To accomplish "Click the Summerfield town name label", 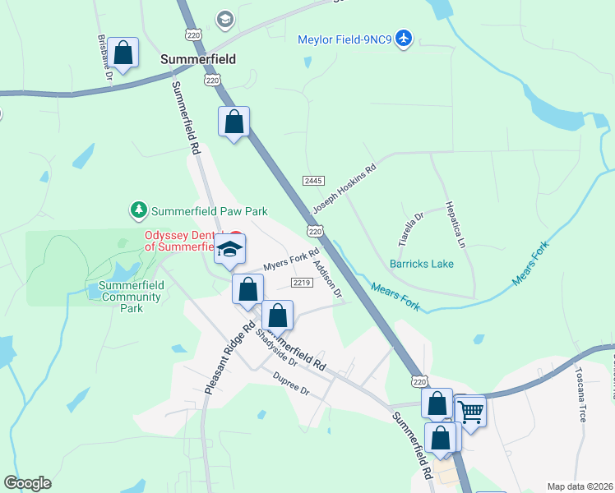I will click(x=197, y=59).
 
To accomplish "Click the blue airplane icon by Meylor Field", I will click(x=403, y=38).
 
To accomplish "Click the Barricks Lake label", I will click(x=421, y=264).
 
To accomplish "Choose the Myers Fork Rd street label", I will click(x=290, y=260).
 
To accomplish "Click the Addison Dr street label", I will click(x=327, y=279).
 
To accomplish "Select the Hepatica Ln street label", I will click(x=455, y=223).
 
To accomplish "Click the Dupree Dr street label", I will click(x=291, y=383).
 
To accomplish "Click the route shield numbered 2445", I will click(x=313, y=180).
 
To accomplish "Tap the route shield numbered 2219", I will click(x=301, y=283).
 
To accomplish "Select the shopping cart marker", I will click(x=470, y=410).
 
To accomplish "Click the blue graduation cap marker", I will click(x=229, y=249).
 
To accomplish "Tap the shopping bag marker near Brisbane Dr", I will click(x=123, y=53).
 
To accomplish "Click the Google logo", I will click(x=27, y=483).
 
